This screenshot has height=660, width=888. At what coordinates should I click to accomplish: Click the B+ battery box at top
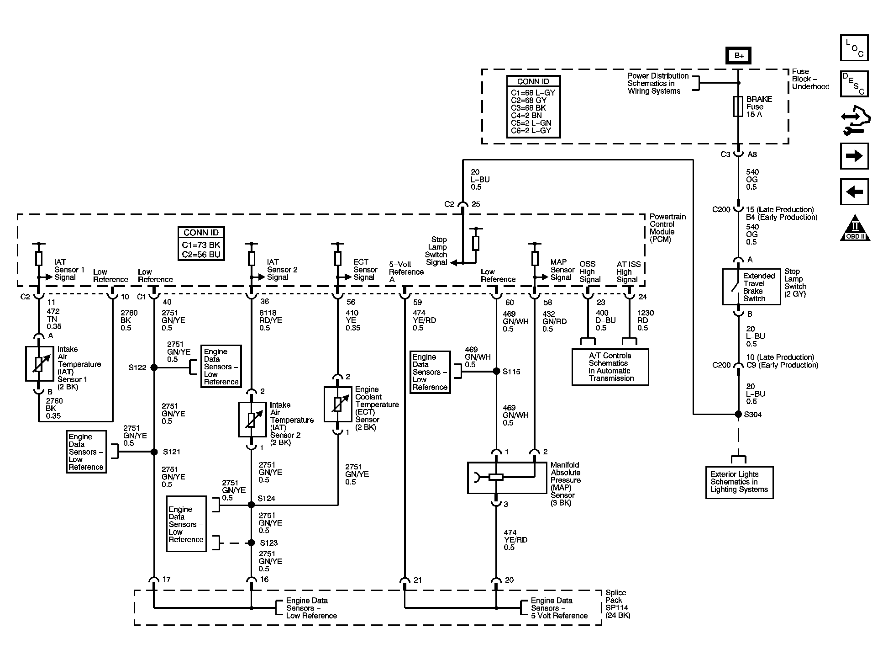(x=738, y=56)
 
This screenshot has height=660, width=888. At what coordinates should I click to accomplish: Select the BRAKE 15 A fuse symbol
(x=738, y=106)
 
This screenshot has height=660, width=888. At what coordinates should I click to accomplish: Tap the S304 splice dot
(x=738, y=414)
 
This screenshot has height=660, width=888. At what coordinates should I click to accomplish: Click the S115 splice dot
(x=496, y=372)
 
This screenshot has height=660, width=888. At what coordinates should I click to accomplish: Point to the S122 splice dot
(x=154, y=367)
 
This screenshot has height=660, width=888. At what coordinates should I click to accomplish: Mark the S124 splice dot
(x=251, y=505)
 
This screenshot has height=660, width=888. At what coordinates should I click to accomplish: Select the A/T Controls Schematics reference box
(x=610, y=367)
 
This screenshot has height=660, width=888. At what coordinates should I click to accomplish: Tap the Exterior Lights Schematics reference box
(x=739, y=482)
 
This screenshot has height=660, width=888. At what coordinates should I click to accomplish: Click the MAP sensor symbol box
(x=507, y=478)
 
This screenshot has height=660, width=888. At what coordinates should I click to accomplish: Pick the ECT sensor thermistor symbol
(x=338, y=404)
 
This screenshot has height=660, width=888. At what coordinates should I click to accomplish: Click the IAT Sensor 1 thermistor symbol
(x=39, y=364)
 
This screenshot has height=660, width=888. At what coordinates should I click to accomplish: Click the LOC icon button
(x=854, y=48)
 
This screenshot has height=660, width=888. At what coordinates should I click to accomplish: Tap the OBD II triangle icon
(x=855, y=228)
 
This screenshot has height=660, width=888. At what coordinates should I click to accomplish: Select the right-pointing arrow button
(x=854, y=156)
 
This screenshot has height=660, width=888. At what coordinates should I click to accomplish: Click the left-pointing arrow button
(x=854, y=192)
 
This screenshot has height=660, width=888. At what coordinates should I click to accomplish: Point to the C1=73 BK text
(x=201, y=245)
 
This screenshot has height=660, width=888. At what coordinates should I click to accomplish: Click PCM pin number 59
(x=418, y=303)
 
